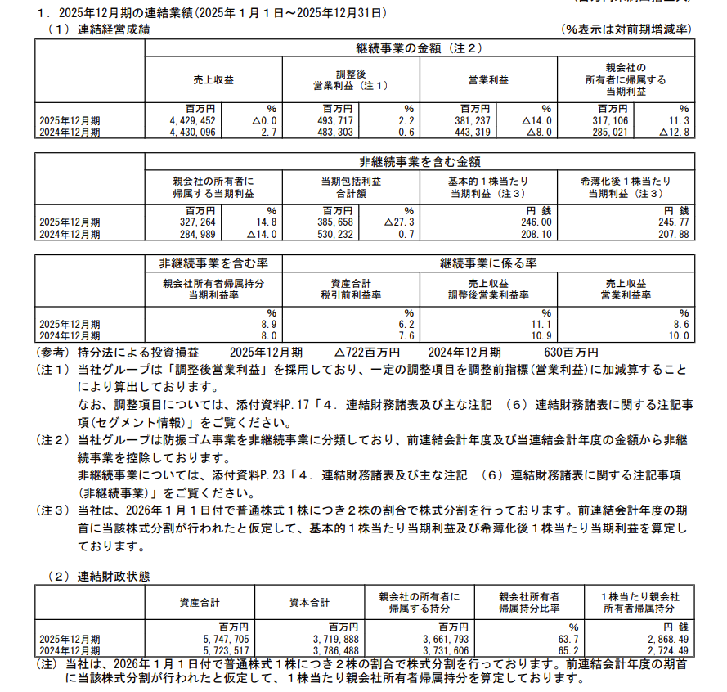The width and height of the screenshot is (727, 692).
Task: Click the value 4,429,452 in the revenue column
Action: point(189,120)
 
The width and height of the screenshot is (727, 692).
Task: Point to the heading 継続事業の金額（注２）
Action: point(419,49)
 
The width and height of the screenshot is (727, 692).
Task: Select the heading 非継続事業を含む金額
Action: point(419,161)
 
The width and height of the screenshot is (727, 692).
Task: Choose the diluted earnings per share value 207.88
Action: point(673,234)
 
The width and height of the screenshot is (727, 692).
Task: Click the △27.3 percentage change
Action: point(400,222)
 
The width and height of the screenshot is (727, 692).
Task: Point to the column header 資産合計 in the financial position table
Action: point(199,603)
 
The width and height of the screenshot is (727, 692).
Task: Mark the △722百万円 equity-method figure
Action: point(367,352)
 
